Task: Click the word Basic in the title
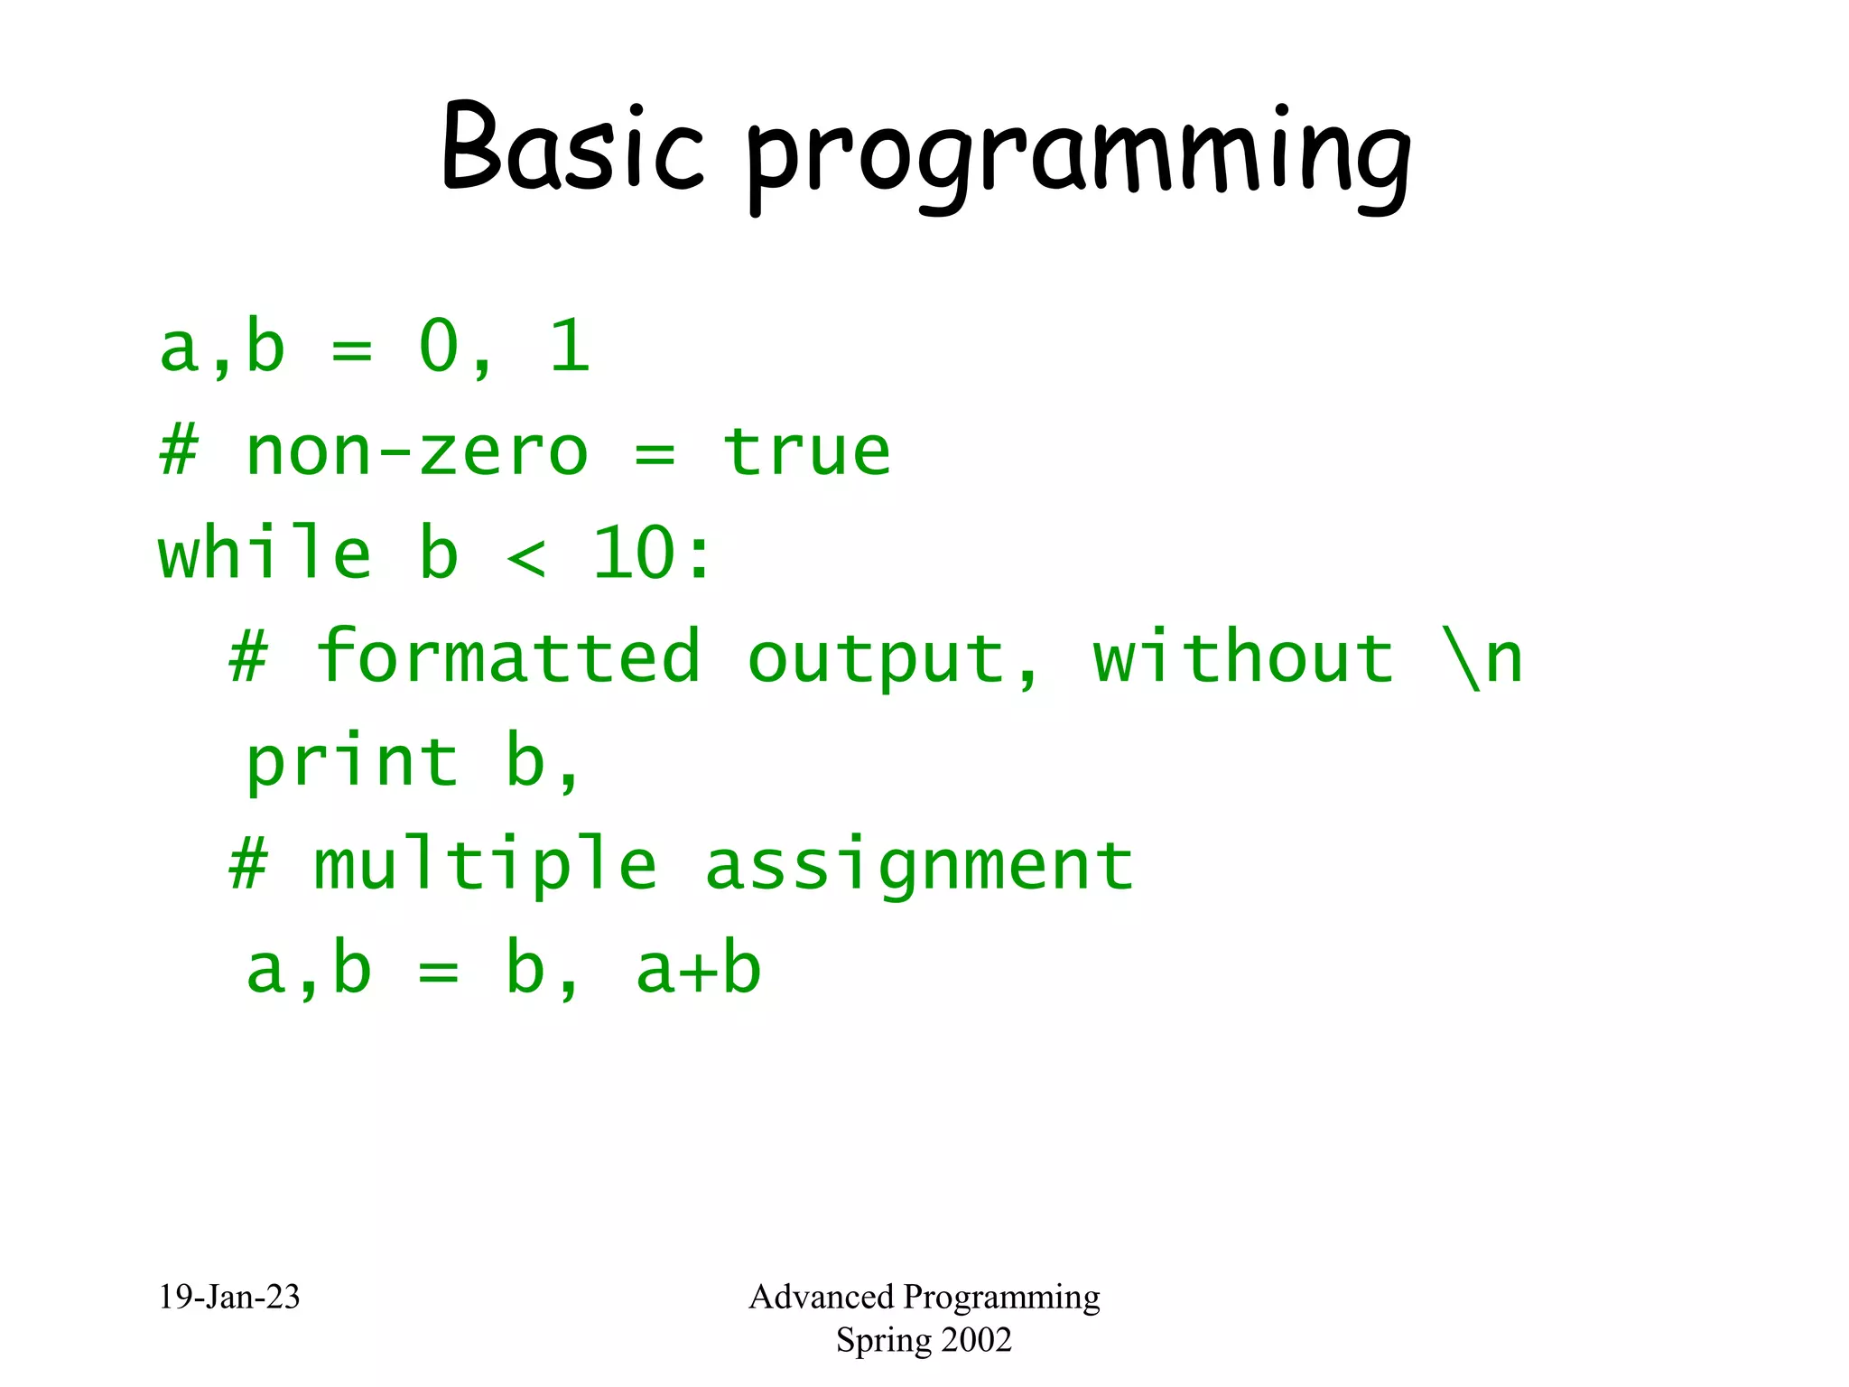[571, 149]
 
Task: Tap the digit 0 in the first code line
[440, 347]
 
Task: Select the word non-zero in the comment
[416, 451]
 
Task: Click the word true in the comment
[806, 451]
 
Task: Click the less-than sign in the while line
[526, 556]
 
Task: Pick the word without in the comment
[1243, 656]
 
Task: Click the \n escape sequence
[1482, 658]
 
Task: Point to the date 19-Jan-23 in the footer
[229, 1297]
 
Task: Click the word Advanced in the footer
[821, 1297]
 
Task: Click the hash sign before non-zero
[179, 451]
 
